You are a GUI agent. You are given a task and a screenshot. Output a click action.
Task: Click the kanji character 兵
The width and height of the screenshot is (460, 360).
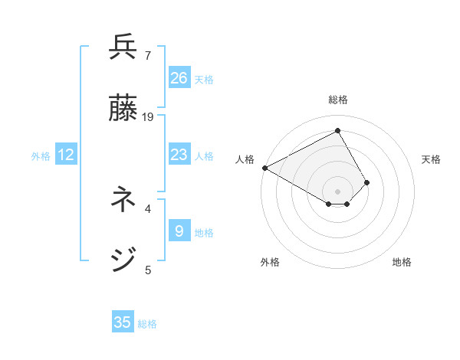tap(123, 47)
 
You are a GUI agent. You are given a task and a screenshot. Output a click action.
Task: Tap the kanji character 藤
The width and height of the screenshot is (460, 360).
tap(123, 108)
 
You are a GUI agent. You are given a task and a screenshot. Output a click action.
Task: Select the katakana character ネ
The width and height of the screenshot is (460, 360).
tap(123, 200)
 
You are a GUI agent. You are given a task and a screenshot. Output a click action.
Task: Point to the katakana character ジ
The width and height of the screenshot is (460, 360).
tap(123, 260)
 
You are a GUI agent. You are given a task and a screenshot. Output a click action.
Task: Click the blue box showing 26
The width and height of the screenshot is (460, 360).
tap(179, 77)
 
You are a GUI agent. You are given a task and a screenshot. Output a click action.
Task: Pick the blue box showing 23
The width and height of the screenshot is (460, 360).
tap(179, 155)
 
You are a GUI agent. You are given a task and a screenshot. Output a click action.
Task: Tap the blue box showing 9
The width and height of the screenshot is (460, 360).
tap(179, 231)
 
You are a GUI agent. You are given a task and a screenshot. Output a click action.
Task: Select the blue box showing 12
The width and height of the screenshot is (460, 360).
tap(66, 155)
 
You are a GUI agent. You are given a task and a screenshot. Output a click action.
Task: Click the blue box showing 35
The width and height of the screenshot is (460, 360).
tap(123, 322)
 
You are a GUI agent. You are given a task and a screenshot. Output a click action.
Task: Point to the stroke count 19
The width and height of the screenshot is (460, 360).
tap(149, 116)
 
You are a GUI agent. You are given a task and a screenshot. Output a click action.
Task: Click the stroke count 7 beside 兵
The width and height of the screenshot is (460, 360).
tap(148, 55)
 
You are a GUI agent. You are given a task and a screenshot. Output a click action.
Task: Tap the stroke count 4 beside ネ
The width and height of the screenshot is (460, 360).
tap(148, 208)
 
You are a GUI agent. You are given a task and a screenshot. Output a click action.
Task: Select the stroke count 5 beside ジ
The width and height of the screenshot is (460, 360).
tap(148, 270)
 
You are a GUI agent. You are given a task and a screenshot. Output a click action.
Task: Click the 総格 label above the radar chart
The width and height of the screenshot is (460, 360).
tap(338, 100)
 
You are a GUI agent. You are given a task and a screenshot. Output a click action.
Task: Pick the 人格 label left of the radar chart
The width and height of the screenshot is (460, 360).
tap(245, 159)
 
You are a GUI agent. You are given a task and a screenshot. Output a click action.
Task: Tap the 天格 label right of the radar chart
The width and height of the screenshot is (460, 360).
tap(431, 159)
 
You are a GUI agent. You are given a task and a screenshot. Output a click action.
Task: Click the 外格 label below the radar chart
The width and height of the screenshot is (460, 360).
tap(270, 262)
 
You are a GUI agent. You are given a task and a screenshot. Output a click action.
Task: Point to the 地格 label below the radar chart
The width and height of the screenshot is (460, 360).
tap(402, 262)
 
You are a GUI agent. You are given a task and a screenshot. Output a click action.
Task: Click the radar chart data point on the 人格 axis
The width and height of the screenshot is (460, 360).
tap(264, 168)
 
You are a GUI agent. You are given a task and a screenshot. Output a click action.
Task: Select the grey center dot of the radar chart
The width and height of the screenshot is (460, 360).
tap(338, 191)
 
